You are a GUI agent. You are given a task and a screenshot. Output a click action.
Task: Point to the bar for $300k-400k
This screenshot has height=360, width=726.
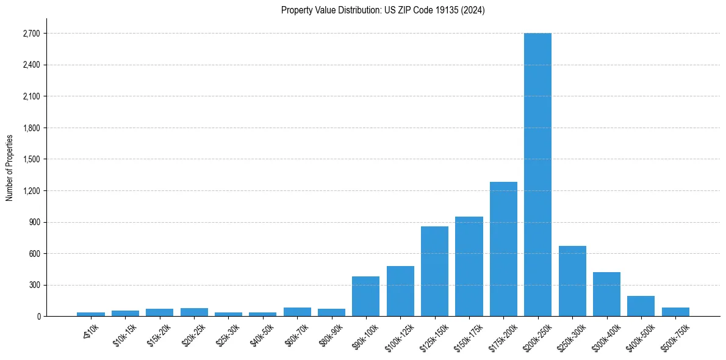pyautogui.click(x=606, y=294)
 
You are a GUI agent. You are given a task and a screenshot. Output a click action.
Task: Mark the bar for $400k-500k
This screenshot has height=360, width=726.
pyautogui.click(x=641, y=306)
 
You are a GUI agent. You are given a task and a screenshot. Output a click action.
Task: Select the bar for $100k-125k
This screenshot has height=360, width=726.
pyautogui.click(x=400, y=291)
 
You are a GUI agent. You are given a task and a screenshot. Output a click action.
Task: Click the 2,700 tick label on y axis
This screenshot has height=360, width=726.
pyautogui.click(x=31, y=34)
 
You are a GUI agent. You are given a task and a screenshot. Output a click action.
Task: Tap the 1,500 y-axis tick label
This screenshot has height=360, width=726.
pyautogui.click(x=31, y=159)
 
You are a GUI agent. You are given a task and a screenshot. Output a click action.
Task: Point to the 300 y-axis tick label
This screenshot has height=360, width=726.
pyautogui.click(x=35, y=285)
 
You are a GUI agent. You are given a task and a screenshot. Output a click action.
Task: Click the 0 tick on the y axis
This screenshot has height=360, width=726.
pyautogui.click(x=38, y=316)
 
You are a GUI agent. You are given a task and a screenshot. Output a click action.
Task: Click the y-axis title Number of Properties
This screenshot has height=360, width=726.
pyautogui.click(x=9, y=168)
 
